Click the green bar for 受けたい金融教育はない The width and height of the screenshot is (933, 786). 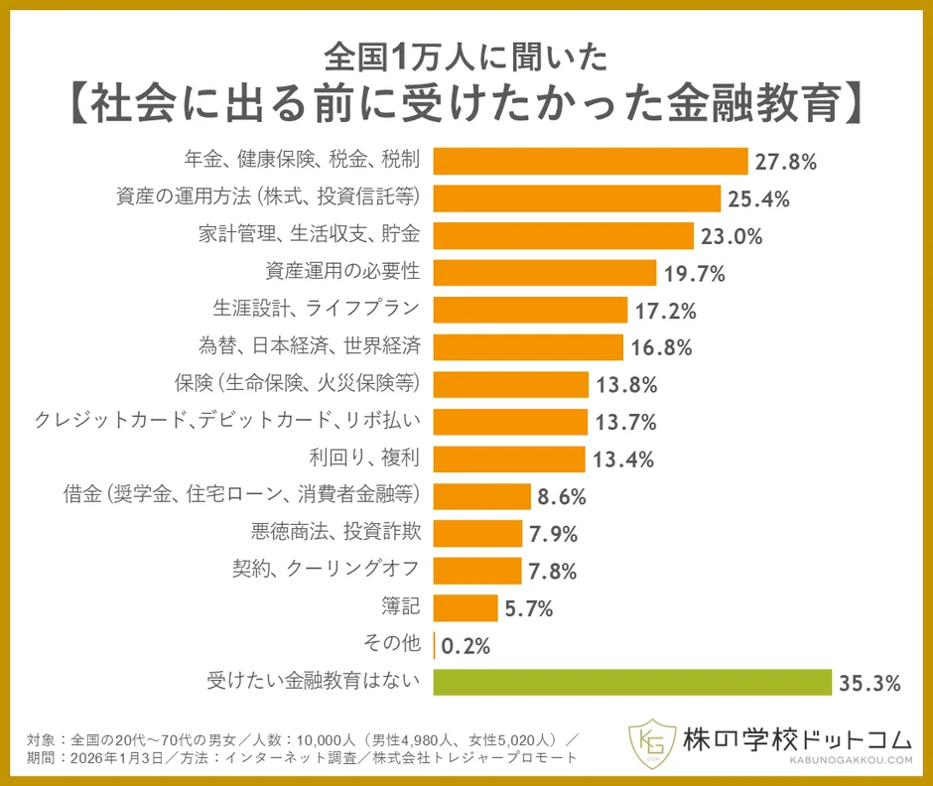632,682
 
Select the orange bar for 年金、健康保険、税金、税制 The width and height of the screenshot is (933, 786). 591,161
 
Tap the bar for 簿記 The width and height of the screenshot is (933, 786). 466,607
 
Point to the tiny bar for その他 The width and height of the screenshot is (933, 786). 435,645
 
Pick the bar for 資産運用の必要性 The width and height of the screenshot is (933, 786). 545,272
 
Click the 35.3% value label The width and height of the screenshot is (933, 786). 869,683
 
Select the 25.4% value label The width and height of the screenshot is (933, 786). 758,198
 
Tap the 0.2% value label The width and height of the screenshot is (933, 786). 466,646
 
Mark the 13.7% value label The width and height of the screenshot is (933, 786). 625,422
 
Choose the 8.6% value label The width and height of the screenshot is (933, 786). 563,496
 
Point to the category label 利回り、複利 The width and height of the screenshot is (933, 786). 367,458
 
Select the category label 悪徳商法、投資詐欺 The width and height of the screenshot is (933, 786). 337,532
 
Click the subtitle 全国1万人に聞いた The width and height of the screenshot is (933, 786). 466,58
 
